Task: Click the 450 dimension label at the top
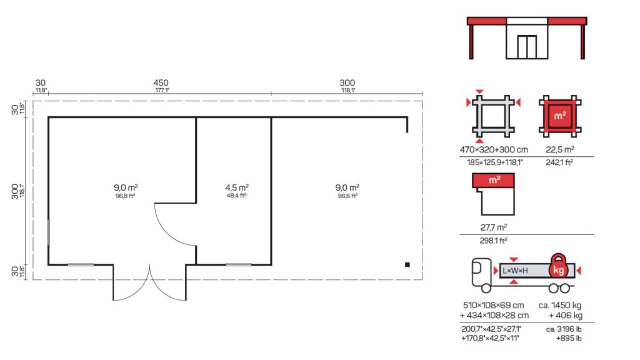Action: coord(161,83)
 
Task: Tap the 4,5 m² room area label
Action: coord(237,187)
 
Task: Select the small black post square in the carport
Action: coord(407,264)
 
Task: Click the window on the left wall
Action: coord(49,232)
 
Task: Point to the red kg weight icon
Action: coord(558,267)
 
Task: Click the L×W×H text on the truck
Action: coord(515,271)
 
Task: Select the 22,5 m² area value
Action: coord(560,150)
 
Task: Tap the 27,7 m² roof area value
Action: coord(494,227)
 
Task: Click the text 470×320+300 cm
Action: coord(494,150)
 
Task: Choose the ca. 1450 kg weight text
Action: coord(560,305)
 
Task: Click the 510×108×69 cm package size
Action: coord(494,305)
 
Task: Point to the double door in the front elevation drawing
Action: coord(527,47)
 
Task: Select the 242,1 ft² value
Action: coord(559,162)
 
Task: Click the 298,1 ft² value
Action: coord(494,241)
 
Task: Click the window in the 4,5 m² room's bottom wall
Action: coord(239,264)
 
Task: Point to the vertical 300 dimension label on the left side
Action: coord(15,191)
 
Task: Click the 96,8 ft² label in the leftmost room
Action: coord(125,196)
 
